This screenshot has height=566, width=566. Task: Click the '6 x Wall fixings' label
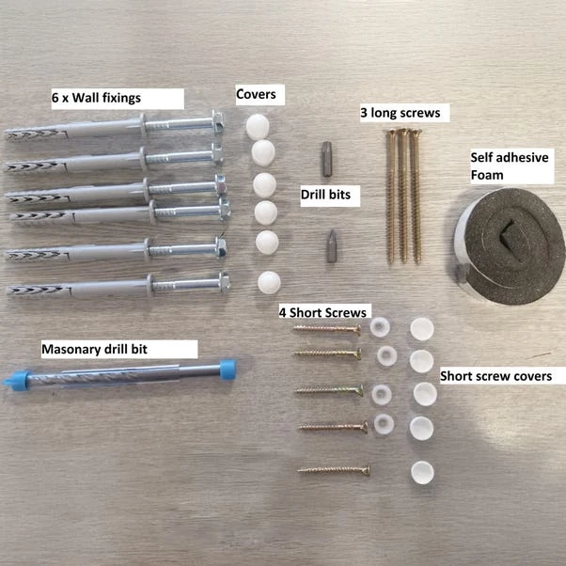coord(96,98)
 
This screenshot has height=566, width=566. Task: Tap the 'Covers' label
coord(256,94)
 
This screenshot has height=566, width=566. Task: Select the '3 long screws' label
coord(401,113)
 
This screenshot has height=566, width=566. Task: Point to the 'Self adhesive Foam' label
coord(510,166)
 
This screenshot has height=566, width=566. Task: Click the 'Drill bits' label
coord(325,195)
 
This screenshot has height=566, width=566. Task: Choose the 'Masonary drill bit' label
coord(95,349)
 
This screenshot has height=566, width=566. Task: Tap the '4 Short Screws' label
coord(322,312)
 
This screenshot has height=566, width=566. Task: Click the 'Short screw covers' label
coord(496,376)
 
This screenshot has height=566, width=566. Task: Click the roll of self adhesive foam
coord(510,245)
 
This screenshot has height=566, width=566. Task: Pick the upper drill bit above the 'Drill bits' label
coord(326,159)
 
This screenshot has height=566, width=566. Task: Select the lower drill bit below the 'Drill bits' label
coord(332,245)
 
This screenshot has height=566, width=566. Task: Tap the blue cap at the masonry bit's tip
coord(17,380)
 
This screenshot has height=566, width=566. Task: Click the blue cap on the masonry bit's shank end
coord(228,369)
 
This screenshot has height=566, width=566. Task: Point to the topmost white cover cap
coord(258,127)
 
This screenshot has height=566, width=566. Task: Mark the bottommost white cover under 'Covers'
coord(269,282)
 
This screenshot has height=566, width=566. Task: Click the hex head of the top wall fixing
coord(218,123)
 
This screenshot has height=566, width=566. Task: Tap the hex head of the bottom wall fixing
coord(224,282)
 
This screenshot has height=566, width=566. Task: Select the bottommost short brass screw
coord(334,470)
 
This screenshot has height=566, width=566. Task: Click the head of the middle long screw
coord(402,132)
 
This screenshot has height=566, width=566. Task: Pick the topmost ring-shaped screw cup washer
coord(380,326)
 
